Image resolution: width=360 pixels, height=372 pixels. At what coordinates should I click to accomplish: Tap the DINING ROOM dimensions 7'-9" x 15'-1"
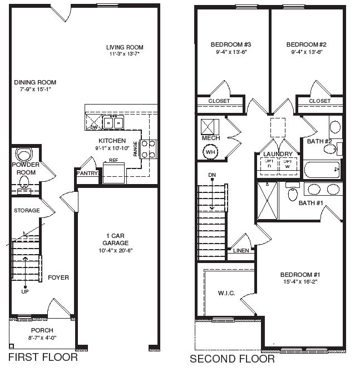pyautogui.click(x=36, y=90)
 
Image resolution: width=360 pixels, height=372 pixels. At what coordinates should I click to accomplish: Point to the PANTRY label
pyautogui.click(x=87, y=173)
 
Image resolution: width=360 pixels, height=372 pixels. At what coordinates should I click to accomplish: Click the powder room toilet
pyautogui.click(x=24, y=154)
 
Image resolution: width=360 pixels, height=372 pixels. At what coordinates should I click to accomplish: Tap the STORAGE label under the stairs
pyautogui.click(x=26, y=211)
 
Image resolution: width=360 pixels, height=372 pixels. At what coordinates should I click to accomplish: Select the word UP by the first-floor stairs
pyautogui.click(x=24, y=291)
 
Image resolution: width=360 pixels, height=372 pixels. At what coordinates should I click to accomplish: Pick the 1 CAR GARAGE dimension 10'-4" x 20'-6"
pyautogui.click(x=115, y=250)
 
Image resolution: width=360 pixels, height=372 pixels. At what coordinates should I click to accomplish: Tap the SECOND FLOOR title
pyautogui.click(x=232, y=359)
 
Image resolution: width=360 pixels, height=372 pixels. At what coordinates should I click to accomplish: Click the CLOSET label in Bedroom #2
pyautogui.click(x=319, y=101)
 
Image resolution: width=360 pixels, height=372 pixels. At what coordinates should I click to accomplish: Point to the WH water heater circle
pyautogui.click(x=210, y=151)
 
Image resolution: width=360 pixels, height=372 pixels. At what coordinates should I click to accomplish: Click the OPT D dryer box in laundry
pyautogui.click(x=269, y=163)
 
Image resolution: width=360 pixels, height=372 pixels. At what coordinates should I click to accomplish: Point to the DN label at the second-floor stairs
pyautogui.click(x=211, y=175)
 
